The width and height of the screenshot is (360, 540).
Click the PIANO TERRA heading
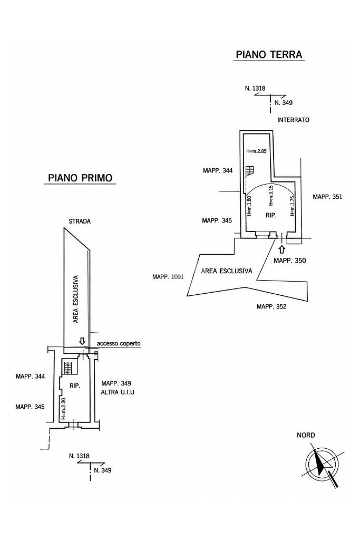pos(269,54)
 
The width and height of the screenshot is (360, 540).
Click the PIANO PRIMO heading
pos(80,178)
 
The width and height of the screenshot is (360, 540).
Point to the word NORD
pos(306,435)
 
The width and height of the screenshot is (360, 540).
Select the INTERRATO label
pos(293,120)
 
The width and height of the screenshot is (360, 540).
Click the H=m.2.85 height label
pos(256,151)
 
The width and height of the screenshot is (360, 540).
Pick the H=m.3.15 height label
pos(270,197)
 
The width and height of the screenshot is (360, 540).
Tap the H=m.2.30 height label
pos(63,409)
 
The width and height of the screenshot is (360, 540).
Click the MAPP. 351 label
pos(327,197)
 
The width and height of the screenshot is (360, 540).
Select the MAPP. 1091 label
pos(168,276)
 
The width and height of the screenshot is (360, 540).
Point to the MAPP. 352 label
pos(271,306)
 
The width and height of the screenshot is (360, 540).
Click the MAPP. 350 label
pos(289,261)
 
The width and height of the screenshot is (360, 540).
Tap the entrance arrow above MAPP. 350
pos(282,249)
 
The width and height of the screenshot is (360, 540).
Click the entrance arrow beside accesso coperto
pos(82,341)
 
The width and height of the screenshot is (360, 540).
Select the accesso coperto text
pos(119,343)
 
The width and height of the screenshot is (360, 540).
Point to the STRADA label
pos(80,221)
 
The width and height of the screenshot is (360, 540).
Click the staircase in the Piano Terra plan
pos(250,171)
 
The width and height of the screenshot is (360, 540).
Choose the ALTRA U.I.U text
pos(118,392)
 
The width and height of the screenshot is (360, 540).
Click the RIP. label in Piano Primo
pos(75,386)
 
